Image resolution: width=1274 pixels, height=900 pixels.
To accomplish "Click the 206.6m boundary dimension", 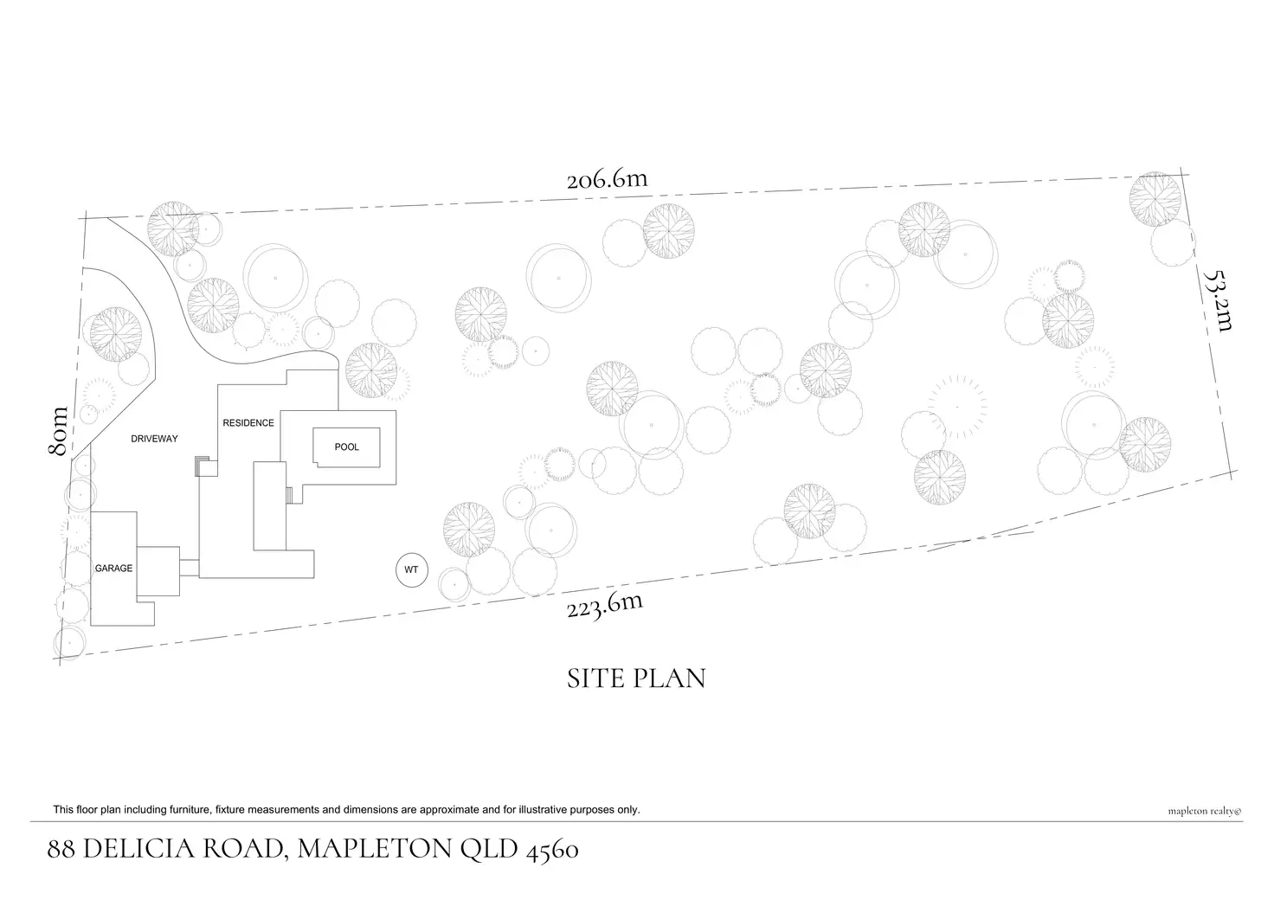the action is (607, 179).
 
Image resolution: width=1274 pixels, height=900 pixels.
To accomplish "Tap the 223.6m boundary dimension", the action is (605, 605).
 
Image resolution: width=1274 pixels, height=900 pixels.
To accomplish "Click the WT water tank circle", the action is (412, 569).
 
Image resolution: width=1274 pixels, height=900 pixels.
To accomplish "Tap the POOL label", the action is (347, 447).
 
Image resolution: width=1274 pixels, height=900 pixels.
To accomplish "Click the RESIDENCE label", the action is (248, 423).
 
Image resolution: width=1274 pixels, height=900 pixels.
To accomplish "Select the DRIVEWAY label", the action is (154, 439).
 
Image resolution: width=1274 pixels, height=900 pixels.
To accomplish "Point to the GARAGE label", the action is (113, 568).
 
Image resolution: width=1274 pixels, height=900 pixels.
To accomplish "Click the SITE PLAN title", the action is (636, 678).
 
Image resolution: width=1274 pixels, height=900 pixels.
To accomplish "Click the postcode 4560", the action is (552, 851).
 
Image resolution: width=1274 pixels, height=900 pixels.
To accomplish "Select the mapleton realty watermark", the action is (1205, 812).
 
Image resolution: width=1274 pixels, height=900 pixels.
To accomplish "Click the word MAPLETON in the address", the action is (375, 849).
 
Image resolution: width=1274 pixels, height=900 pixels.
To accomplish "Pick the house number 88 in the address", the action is (61, 850).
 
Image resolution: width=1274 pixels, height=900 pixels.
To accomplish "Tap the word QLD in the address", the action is (489, 850).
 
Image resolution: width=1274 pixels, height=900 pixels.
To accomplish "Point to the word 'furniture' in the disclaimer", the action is (190, 810).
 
